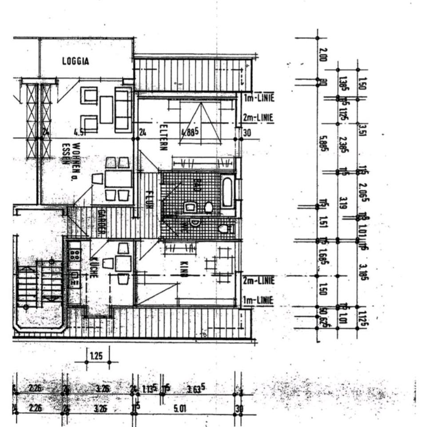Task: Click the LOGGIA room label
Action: [x=75, y=61]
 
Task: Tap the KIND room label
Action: [x=183, y=269]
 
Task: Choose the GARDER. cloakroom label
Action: [x=101, y=222]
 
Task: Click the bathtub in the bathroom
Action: [x=227, y=192]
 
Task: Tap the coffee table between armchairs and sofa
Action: [x=106, y=109]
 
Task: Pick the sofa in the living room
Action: [x=123, y=109]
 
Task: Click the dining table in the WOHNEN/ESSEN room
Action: [x=118, y=179]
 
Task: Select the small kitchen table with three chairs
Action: [x=123, y=263]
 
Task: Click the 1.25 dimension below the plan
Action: [x=96, y=356]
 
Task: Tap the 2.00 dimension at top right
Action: [x=322, y=55]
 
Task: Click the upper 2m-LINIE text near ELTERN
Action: [x=258, y=118]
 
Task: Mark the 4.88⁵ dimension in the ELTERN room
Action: [x=190, y=132]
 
